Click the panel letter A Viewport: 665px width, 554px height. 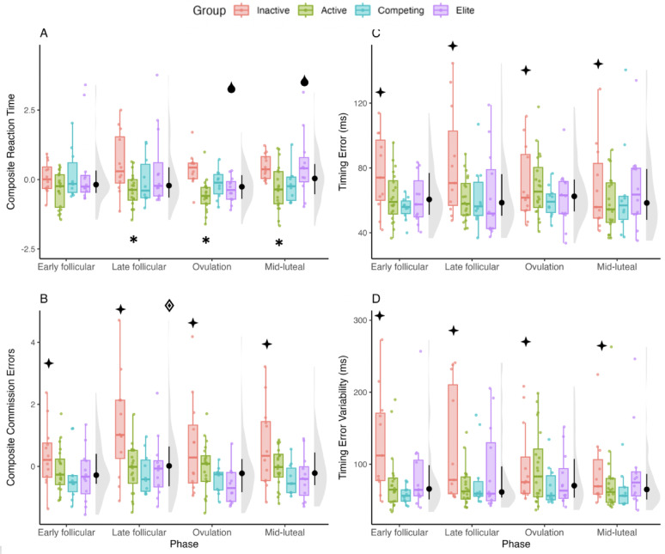click(44, 33)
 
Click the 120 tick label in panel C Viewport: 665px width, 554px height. click(362, 103)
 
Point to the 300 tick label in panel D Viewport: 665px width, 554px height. click(362, 320)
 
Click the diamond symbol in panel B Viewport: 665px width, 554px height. click(168, 305)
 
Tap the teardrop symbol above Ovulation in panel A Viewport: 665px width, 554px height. click(231, 87)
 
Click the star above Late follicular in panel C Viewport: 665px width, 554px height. click(452, 46)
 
